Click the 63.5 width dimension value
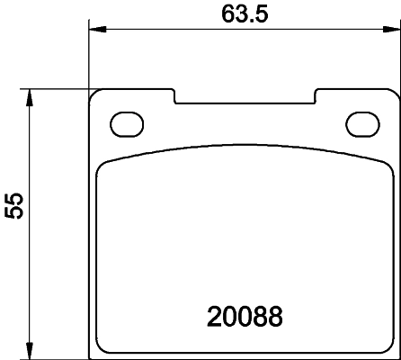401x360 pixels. pyautogui.click(x=244, y=13)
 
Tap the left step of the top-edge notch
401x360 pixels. pyautogui.click(x=174, y=96)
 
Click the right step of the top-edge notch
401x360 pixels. pyautogui.click(x=314, y=96)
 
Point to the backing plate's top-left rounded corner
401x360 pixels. pyautogui.click(x=94, y=93)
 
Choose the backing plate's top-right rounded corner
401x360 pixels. pyautogui.click(x=390, y=93)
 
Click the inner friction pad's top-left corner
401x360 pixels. pyautogui.click(x=102, y=162)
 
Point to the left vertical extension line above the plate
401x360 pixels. pyautogui.click(x=89, y=54)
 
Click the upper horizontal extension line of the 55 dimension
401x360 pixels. pyautogui.click(x=54, y=88)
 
